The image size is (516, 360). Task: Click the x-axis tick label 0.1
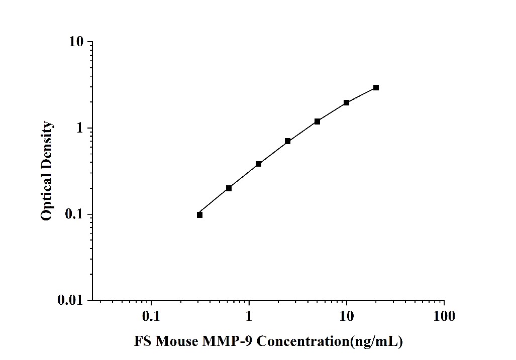click(151, 316)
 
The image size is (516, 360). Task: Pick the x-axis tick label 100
click(444, 316)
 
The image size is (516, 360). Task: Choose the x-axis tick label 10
click(346, 316)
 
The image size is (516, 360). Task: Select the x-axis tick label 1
click(249, 316)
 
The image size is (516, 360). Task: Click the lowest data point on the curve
click(199, 215)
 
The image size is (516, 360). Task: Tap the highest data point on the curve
click(376, 87)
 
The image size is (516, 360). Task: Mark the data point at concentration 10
click(347, 102)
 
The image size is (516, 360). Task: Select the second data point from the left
click(229, 188)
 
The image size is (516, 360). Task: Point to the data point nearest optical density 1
click(317, 122)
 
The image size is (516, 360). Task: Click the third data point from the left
click(258, 164)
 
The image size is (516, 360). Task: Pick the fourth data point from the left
click(287, 141)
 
